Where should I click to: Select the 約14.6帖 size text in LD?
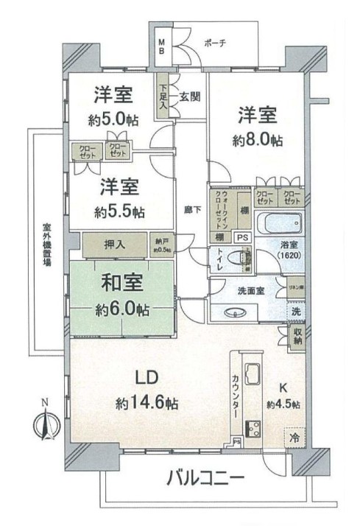[x=146, y=403]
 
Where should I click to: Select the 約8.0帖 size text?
[x=255, y=140]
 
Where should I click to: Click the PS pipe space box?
[x=241, y=237]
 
